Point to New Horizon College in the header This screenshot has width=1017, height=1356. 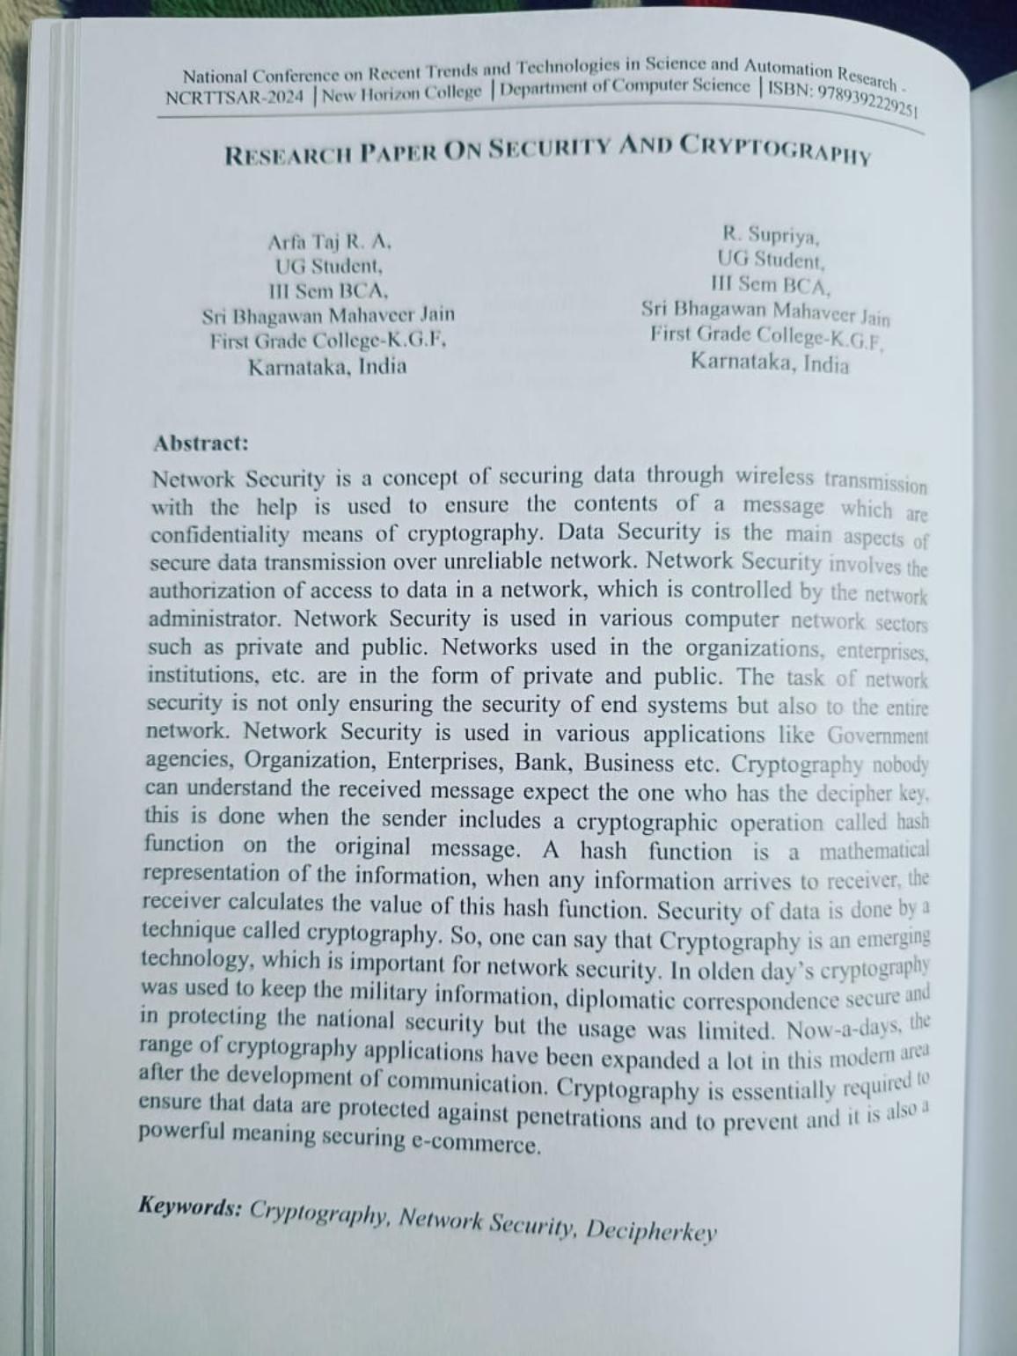tap(402, 92)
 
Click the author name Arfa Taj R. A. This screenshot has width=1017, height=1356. tap(330, 240)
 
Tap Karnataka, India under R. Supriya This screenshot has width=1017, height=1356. tap(770, 362)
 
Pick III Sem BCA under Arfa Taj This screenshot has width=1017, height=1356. tap(328, 290)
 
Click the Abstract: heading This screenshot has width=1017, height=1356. tap(201, 443)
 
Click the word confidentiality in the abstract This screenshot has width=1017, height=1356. tap(219, 534)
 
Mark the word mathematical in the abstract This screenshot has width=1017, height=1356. tap(873, 851)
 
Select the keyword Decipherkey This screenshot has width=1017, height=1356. tap(651, 1230)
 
